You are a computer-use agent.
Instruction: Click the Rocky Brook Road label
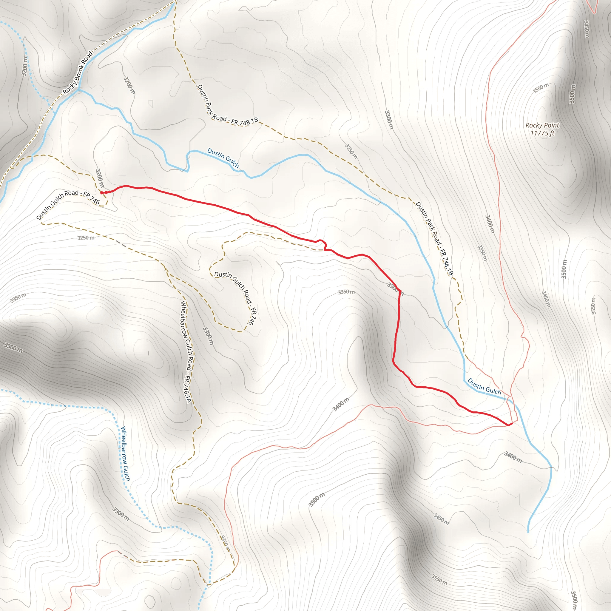[x=78, y=72]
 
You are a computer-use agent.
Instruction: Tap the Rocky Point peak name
[x=542, y=125]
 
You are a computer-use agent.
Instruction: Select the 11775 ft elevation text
[x=542, y=133]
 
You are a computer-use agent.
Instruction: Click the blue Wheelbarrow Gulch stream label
[x=126, y=454]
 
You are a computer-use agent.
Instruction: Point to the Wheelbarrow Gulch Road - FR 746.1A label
[x=186, y=352]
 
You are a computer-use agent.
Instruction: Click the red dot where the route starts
[x=102, y=193]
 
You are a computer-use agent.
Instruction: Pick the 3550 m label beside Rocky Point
[x=541, y=88]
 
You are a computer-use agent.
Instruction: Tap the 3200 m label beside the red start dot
[x=100, y=178]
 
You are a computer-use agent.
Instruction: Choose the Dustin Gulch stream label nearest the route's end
[x=484, y=386]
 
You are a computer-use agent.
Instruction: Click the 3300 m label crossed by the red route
[x=395, y=288]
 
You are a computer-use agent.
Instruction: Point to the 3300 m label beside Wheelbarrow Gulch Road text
[x=208, y=336]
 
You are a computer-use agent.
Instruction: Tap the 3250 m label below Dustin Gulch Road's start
[x=86, y=238]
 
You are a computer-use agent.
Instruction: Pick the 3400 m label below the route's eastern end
[x=513, y=457]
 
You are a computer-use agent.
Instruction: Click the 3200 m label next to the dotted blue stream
[x=25, y=67]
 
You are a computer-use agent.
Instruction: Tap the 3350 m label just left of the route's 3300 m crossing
[x=346, y=292]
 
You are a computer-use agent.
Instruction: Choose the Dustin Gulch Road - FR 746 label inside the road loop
[x=236, y=297]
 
